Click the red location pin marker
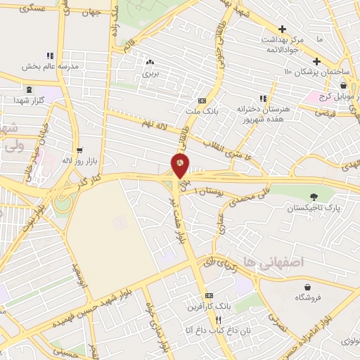[x=180, y=166]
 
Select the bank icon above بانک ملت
[x=202, y=101]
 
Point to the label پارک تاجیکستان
[x=312, y=209]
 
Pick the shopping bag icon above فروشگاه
[x=308, y=285]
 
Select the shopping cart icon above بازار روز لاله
[x=79, y=150]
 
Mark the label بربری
[x=152, y=72]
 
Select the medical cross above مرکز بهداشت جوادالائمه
[x=282, y=30]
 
